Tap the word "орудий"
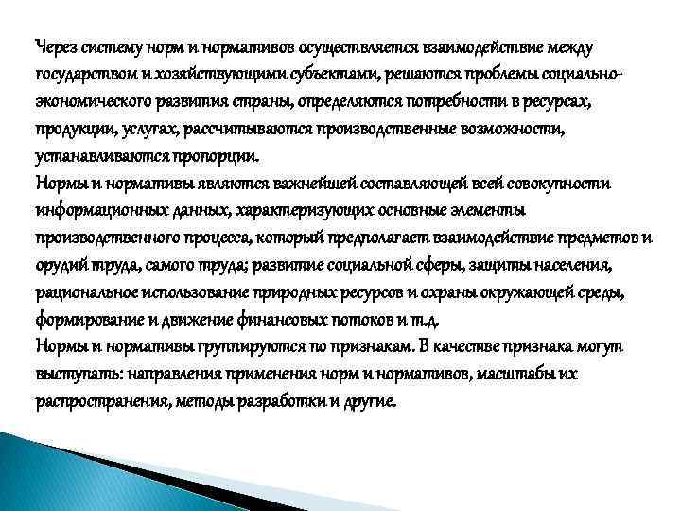[x=60, y=264]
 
